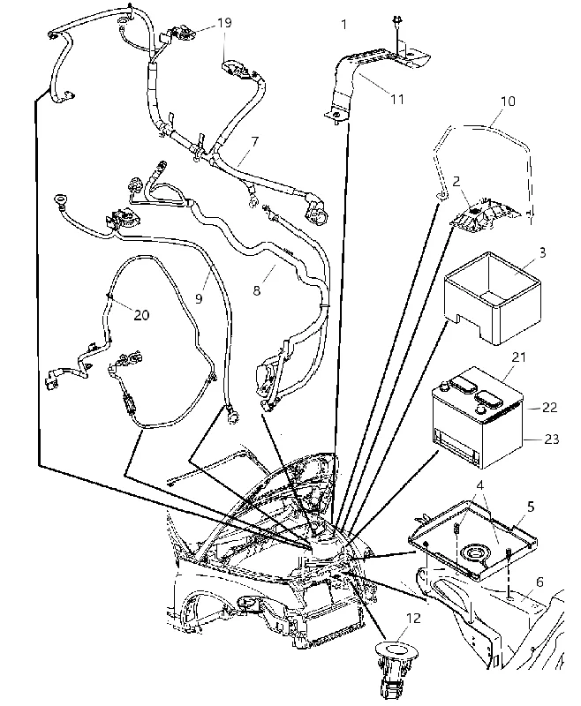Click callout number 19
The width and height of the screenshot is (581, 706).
coord(224,23)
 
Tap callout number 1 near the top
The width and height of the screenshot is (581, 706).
coord(344,25)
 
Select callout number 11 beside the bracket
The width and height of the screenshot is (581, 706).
coord(396,99)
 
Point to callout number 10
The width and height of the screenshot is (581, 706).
coord(508,101)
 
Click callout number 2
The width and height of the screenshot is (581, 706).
coord(456,182)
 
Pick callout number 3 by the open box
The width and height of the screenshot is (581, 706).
coord(542,252)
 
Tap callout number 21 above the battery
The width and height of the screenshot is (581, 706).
coord(519,357)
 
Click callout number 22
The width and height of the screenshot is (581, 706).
coord(550,407)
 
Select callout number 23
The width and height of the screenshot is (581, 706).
coord(551,439)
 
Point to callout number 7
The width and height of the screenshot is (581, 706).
coord(255,142)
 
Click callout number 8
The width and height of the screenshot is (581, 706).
coord(256,290)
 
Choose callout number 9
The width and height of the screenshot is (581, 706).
coord(199,298)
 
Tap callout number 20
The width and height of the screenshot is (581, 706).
coord(141,315)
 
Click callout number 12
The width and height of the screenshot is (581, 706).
coord(413,619)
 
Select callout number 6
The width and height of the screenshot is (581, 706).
coord(539,582)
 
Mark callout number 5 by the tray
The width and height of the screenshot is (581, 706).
coord(531,507)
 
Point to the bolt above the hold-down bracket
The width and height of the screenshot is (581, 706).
coord(396,27)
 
